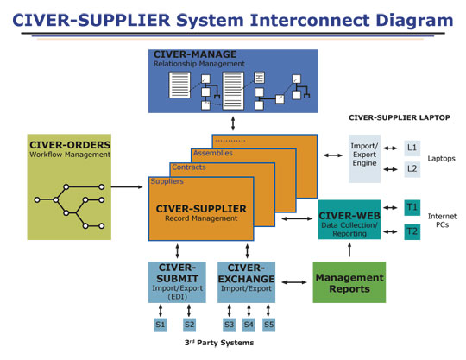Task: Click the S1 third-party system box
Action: coord(161,325)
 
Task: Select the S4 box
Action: coord(249,325)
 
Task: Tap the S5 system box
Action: coord(268,325)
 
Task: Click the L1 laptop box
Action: coord(412,148)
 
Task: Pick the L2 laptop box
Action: coord(412,169)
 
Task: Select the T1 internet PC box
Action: coord(412,207)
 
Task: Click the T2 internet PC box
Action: coord(412,231)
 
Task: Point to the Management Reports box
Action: coord(349,282)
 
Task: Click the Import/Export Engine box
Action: coord(364,159)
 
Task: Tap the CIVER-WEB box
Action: coord(349,219)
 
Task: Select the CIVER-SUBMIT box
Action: coord(177,282)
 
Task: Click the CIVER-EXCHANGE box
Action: coord(246,282)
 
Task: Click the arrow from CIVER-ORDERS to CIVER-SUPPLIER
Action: coord(127,187)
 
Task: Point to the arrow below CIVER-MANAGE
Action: coord(233,123)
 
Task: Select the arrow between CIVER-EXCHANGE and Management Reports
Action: coord(294,282)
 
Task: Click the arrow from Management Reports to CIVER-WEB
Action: coord(349,249)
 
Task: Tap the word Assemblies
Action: coord(213,153)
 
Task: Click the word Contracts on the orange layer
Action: coord(189,167)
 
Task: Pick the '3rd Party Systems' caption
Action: coord(219,343)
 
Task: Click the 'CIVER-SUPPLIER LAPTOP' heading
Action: coord(400,117)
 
